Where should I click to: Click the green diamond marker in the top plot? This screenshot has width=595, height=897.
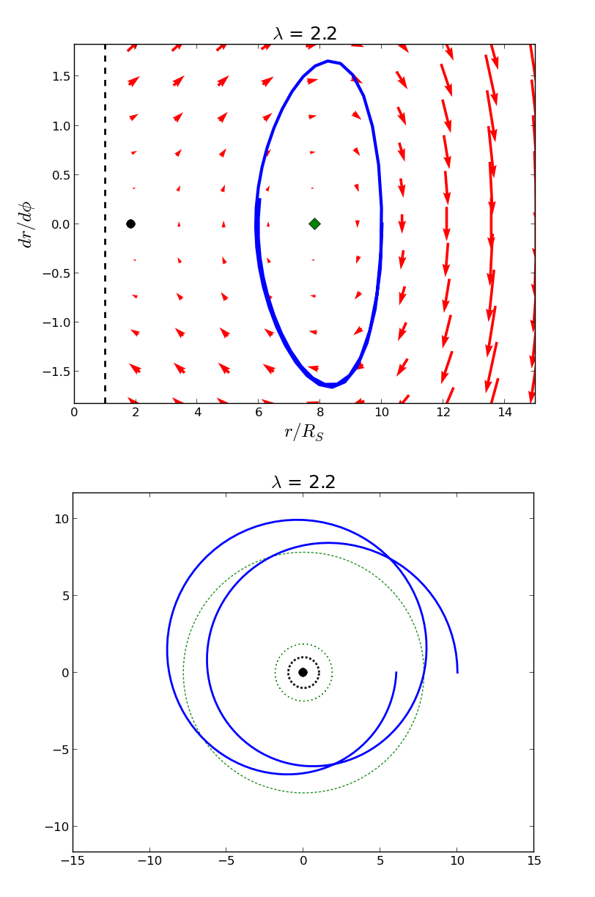314,224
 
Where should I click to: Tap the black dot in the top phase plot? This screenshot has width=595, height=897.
130,224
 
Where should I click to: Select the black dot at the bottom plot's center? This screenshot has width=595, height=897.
303,672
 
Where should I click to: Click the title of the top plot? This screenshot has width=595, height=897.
305,34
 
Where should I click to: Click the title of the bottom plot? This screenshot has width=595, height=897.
303,482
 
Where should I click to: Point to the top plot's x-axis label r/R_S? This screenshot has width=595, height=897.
303,432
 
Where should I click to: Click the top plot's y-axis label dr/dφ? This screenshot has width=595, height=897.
26,224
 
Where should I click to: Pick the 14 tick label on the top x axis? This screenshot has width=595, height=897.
504,413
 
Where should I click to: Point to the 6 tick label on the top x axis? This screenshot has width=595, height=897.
259,413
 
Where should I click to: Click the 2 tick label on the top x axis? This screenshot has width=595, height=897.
136,413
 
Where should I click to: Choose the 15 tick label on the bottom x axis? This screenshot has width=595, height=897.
534,861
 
